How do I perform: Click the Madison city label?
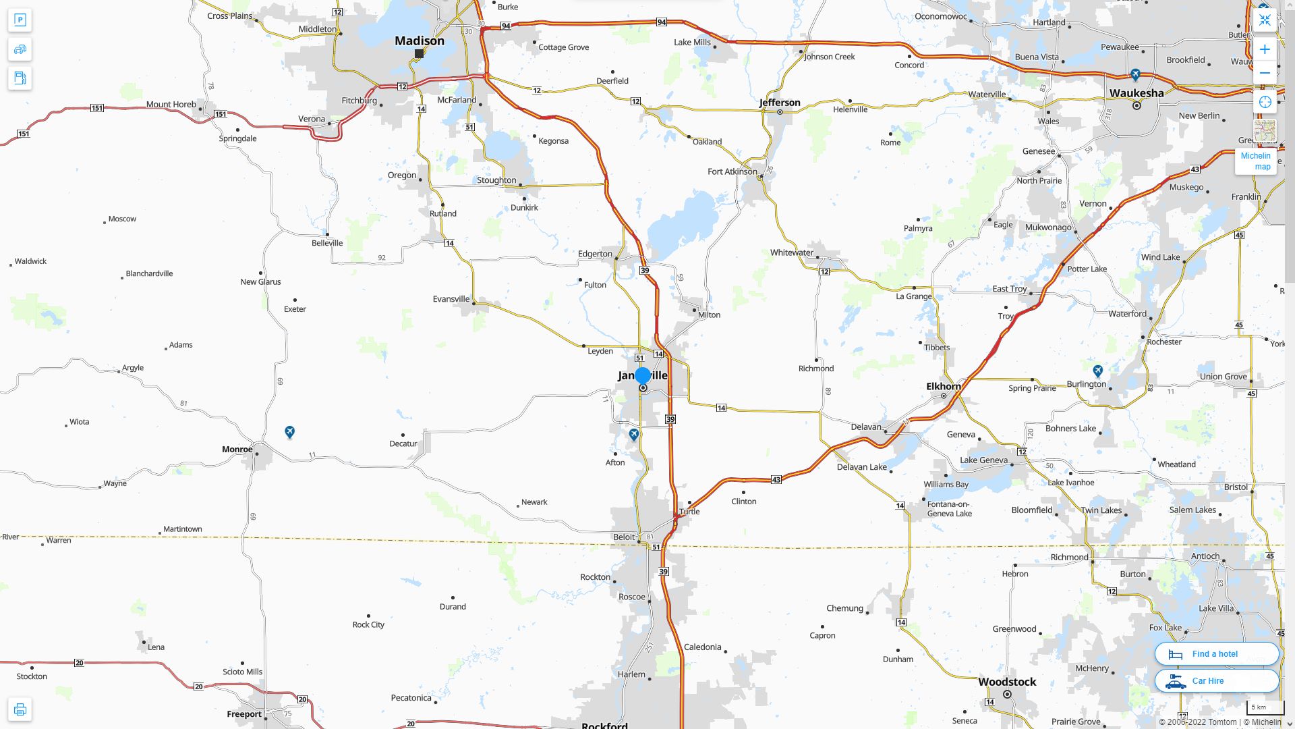click(419, 40)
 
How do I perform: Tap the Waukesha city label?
click(1136, 93)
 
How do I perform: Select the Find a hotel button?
click(1216, 654)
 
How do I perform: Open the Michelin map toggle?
click(1255, 161)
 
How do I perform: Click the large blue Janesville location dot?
click(643, 375)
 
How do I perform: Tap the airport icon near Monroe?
click(289, 432)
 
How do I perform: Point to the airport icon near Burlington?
click(1097, 371)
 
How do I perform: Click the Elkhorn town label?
click(943, 387)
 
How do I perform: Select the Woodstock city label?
click(1007, 682)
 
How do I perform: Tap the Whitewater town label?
click(791, 252)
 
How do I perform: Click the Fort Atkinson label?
click(732, 171)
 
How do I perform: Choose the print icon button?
click(20, 709)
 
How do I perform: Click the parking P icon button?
click(20, 20)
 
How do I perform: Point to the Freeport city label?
click(244, 714)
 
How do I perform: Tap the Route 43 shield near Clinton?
click(776, 480)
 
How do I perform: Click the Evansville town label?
click(451, 299)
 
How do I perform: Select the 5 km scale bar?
click(1265, 707)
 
